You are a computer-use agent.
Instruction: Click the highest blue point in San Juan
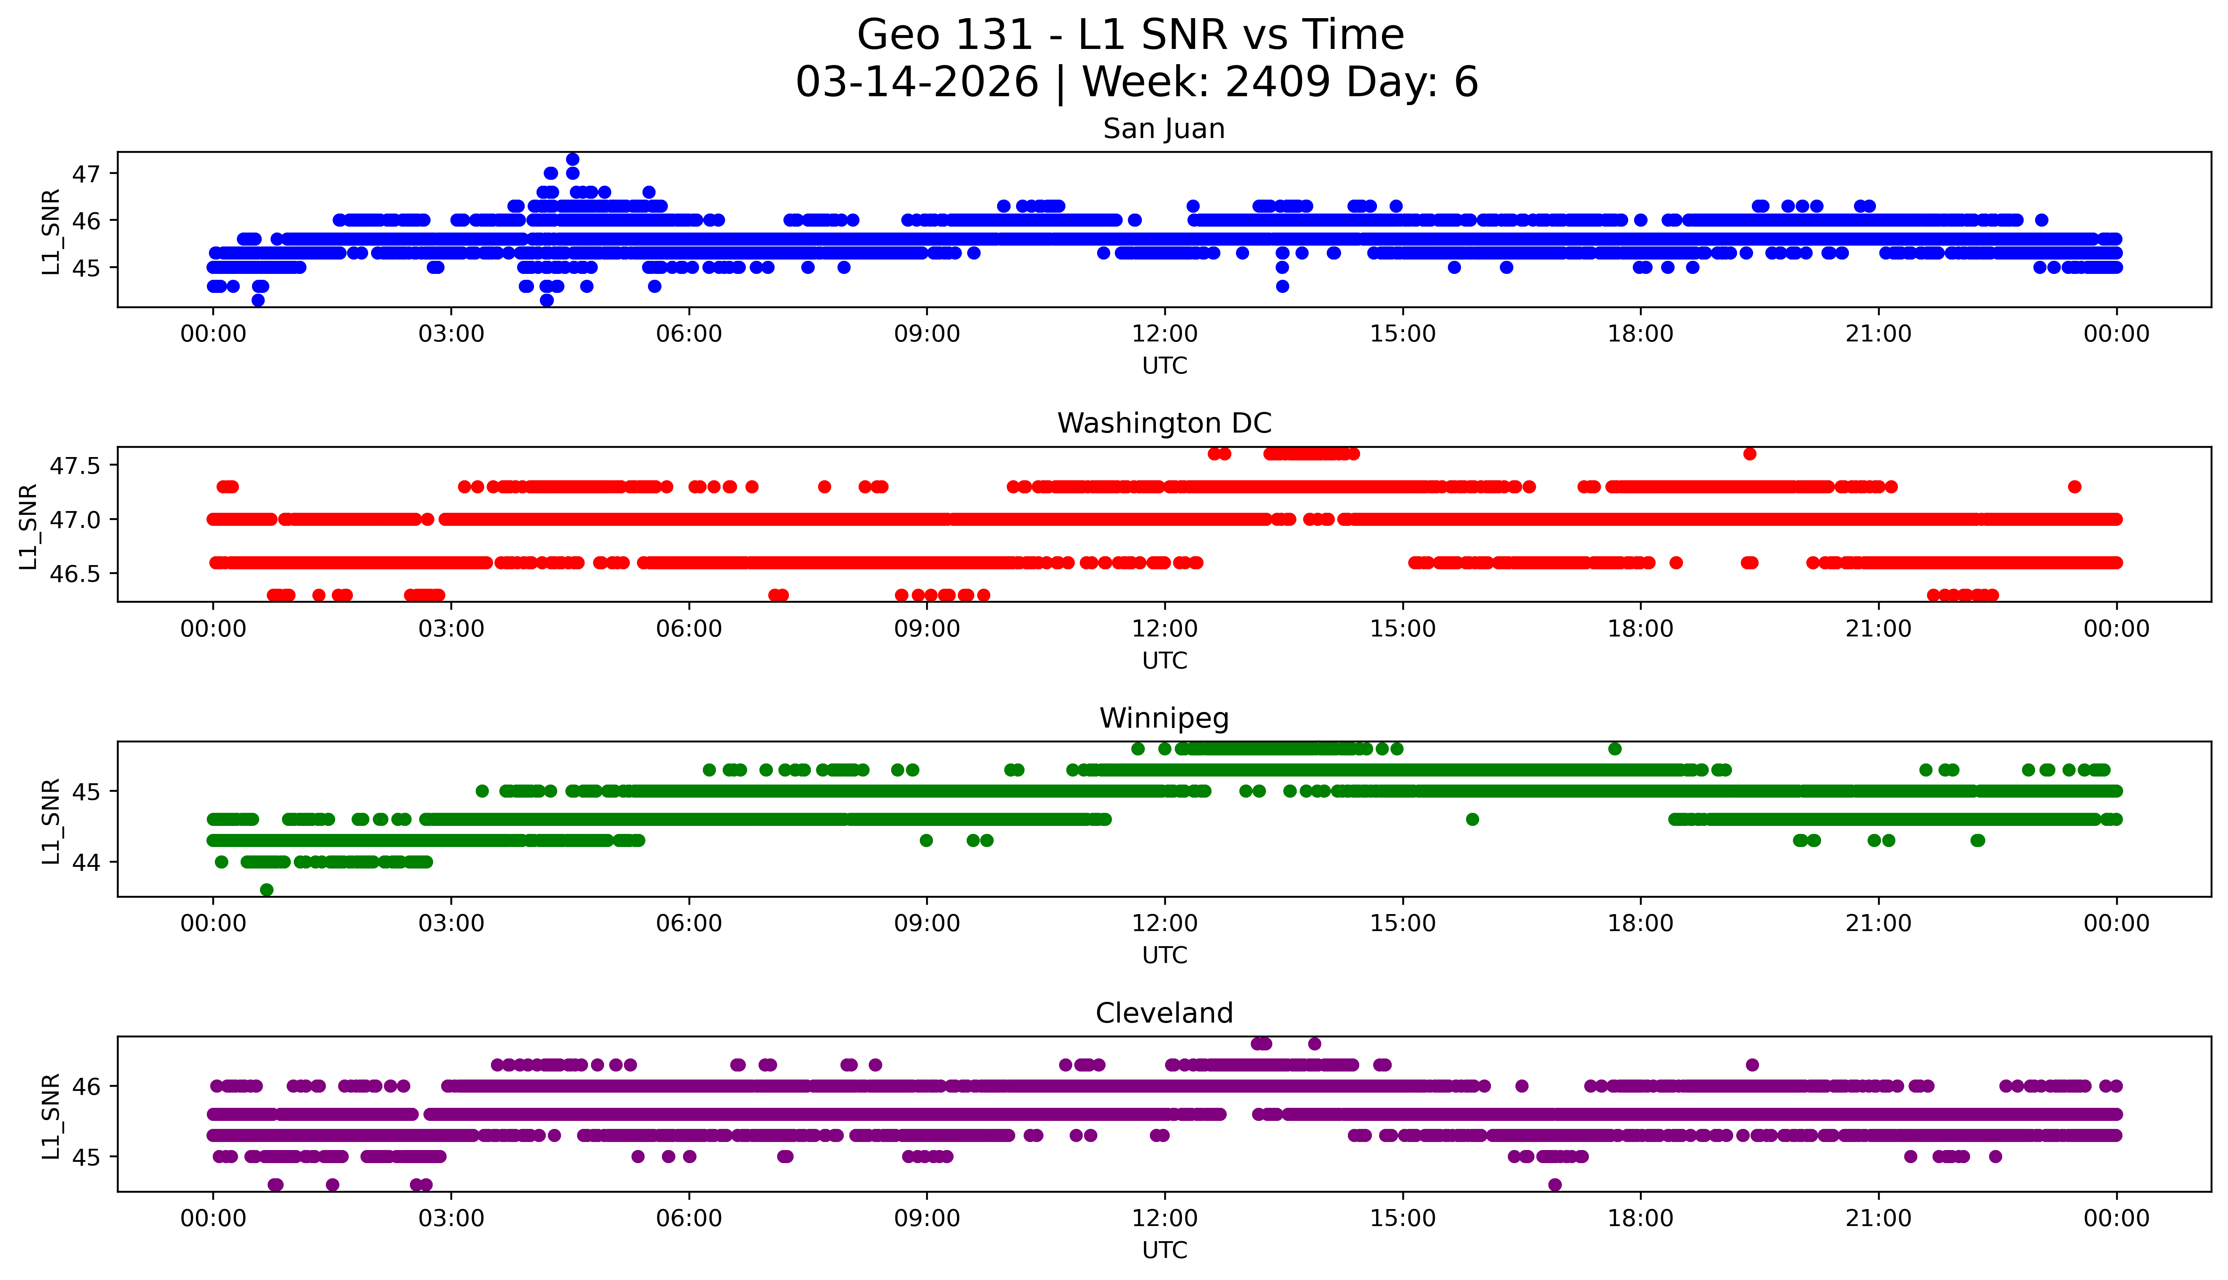coord(572,159)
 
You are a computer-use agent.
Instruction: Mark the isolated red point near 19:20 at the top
coord(1750,454)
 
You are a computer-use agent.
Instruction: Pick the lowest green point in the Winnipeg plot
coord(266,890)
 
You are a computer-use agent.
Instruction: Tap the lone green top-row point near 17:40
coord(1614,749)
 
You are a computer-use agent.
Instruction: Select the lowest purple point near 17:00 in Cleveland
coord(1555,1184)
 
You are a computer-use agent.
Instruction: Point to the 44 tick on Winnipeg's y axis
coord(86,861)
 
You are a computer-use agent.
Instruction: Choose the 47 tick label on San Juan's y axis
coord(86,173)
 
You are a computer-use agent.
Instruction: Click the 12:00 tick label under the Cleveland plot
coord(1164,1218)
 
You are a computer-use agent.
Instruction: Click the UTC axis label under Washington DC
coord(1164,660)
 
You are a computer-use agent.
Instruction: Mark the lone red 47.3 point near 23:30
coord(2074,486)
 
